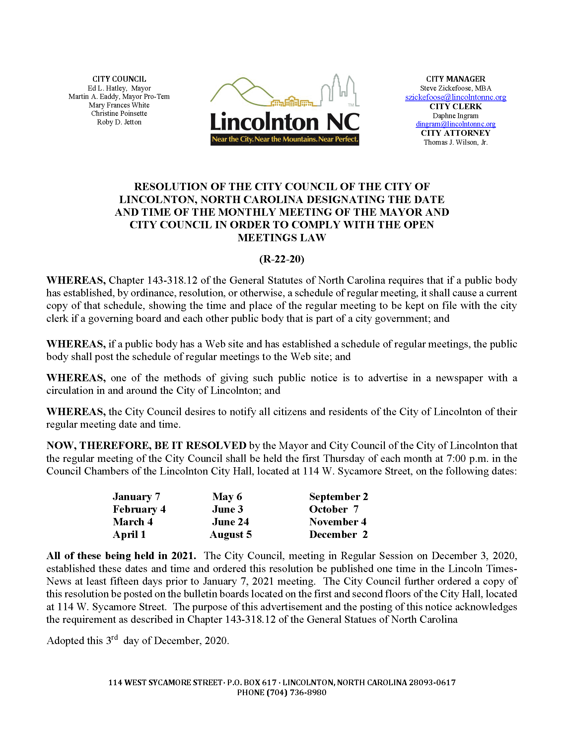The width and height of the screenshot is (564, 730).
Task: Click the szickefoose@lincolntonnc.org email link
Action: click(456, 97)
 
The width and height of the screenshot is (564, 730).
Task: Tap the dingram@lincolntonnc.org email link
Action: click(456, 124)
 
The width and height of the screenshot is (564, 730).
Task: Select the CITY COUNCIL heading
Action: click(119, 79)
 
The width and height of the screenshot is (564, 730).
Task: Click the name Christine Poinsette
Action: click(119, 113)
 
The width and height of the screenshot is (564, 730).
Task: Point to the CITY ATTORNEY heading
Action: click(456, 133)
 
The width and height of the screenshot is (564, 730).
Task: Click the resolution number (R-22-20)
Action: click(282, 259)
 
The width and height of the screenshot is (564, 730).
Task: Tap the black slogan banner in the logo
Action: click(285, 139)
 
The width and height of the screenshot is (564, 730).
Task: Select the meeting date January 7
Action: click(136, 497)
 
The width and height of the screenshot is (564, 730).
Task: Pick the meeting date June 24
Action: click(230, 522)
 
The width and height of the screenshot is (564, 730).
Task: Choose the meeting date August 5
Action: click(231, 535)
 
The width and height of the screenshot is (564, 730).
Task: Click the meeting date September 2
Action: click(338, 497)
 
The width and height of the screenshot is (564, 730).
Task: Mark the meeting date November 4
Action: click(338, 522)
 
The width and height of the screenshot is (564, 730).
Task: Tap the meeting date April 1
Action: click(129, 535)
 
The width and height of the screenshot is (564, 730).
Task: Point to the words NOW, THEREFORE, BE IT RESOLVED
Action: click(146, 446)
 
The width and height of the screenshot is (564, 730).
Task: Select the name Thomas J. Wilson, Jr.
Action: click(456, 142)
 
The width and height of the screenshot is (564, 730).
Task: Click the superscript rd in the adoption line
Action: click(114, 637)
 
